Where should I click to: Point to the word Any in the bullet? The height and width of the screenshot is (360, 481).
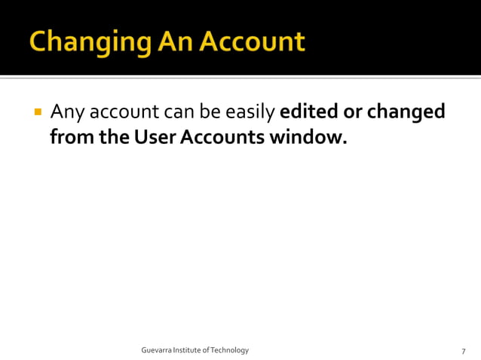click(66, 113)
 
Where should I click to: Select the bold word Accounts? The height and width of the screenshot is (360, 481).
click(219, 138)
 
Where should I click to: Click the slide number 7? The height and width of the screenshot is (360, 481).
click(463, 351)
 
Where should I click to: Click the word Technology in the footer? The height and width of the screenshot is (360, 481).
click(230, 350)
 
